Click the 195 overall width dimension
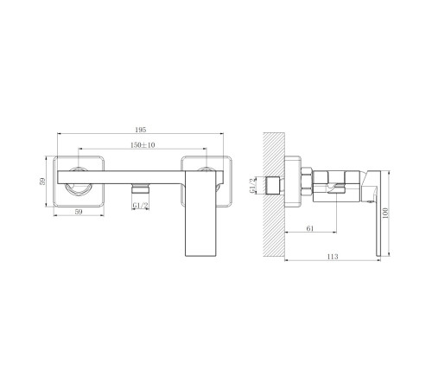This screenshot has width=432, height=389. (x=141, y=130)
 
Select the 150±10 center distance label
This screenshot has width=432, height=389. (x=143, y=145)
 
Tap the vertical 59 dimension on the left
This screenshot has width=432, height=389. (x=42, y=182)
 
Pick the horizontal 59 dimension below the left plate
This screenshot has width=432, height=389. (x=79, y=212)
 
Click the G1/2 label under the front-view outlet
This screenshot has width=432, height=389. (x=141, y=206)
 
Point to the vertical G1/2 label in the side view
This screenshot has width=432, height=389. (x=252, y=186)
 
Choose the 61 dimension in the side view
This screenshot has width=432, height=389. (x=310, y=228)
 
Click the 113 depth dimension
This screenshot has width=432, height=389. (x=333, y=257)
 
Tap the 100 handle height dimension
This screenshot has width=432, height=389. (x=385, y=213)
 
